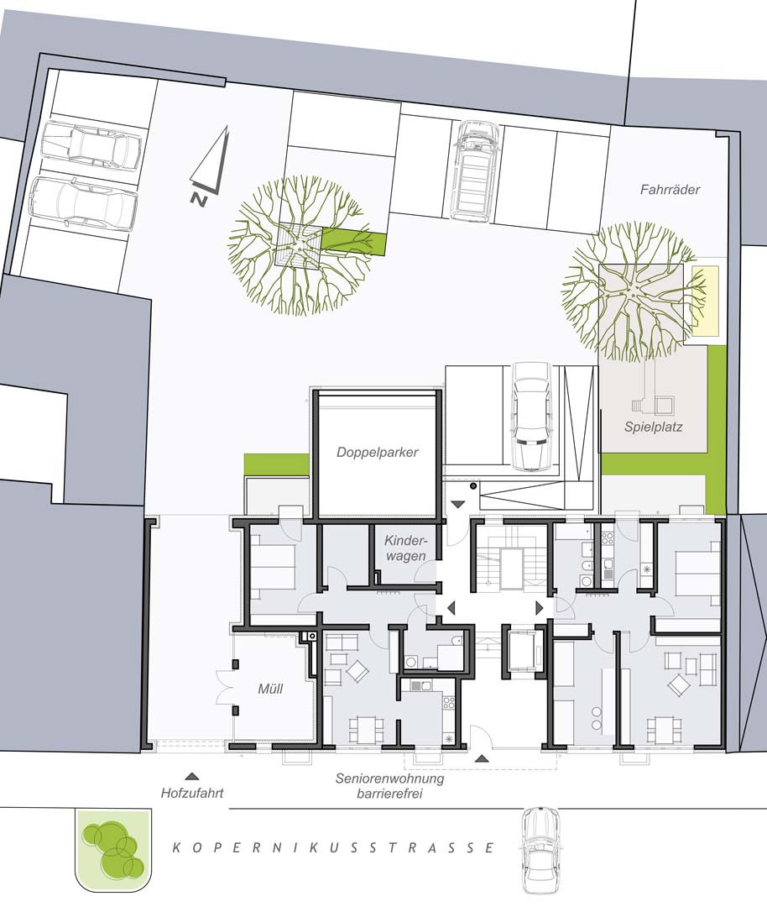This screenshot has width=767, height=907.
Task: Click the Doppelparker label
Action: coord(378,453)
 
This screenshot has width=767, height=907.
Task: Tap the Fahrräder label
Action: coord(670,189)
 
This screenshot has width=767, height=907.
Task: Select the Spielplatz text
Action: coord(653,427)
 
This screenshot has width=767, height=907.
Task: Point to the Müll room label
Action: coord(270,689)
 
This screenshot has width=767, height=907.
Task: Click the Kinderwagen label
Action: coord(405,548)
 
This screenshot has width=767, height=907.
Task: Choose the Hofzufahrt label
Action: coord(192,794)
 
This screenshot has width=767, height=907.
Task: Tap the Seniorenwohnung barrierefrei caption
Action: coord(389,786)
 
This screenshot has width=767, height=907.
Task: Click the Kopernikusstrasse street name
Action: coord(334,848)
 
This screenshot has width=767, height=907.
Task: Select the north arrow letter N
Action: coord(199,198)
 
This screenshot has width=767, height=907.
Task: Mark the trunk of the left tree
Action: coord(299,246)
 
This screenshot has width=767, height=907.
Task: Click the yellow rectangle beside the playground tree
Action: coord(705,301)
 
